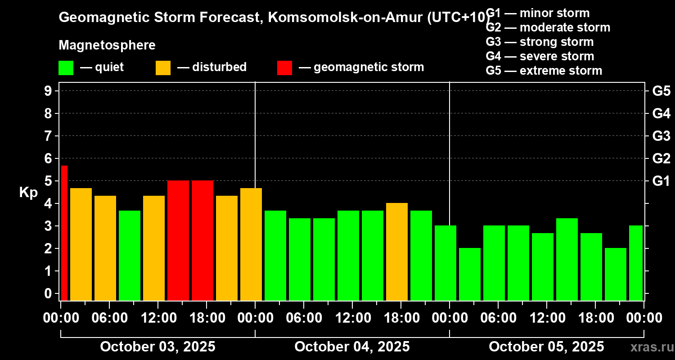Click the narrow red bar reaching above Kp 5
pos(64,233)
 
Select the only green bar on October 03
pos(130,255)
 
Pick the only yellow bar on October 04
pos(397,252)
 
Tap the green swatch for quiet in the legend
pos(66,67)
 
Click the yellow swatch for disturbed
pos(163,67)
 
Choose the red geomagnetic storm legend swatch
pos(284,67)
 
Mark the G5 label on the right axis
pos(661,91)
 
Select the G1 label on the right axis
pos(661,181)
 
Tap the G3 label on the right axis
pos(661,136)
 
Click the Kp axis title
pos(28,193)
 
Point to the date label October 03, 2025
pos(157,347)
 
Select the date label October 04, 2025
pos(352,347)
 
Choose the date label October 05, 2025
pos(546,347)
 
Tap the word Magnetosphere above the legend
pos(107,45)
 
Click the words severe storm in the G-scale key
pos(557,56)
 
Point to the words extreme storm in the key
pos(561,71)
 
